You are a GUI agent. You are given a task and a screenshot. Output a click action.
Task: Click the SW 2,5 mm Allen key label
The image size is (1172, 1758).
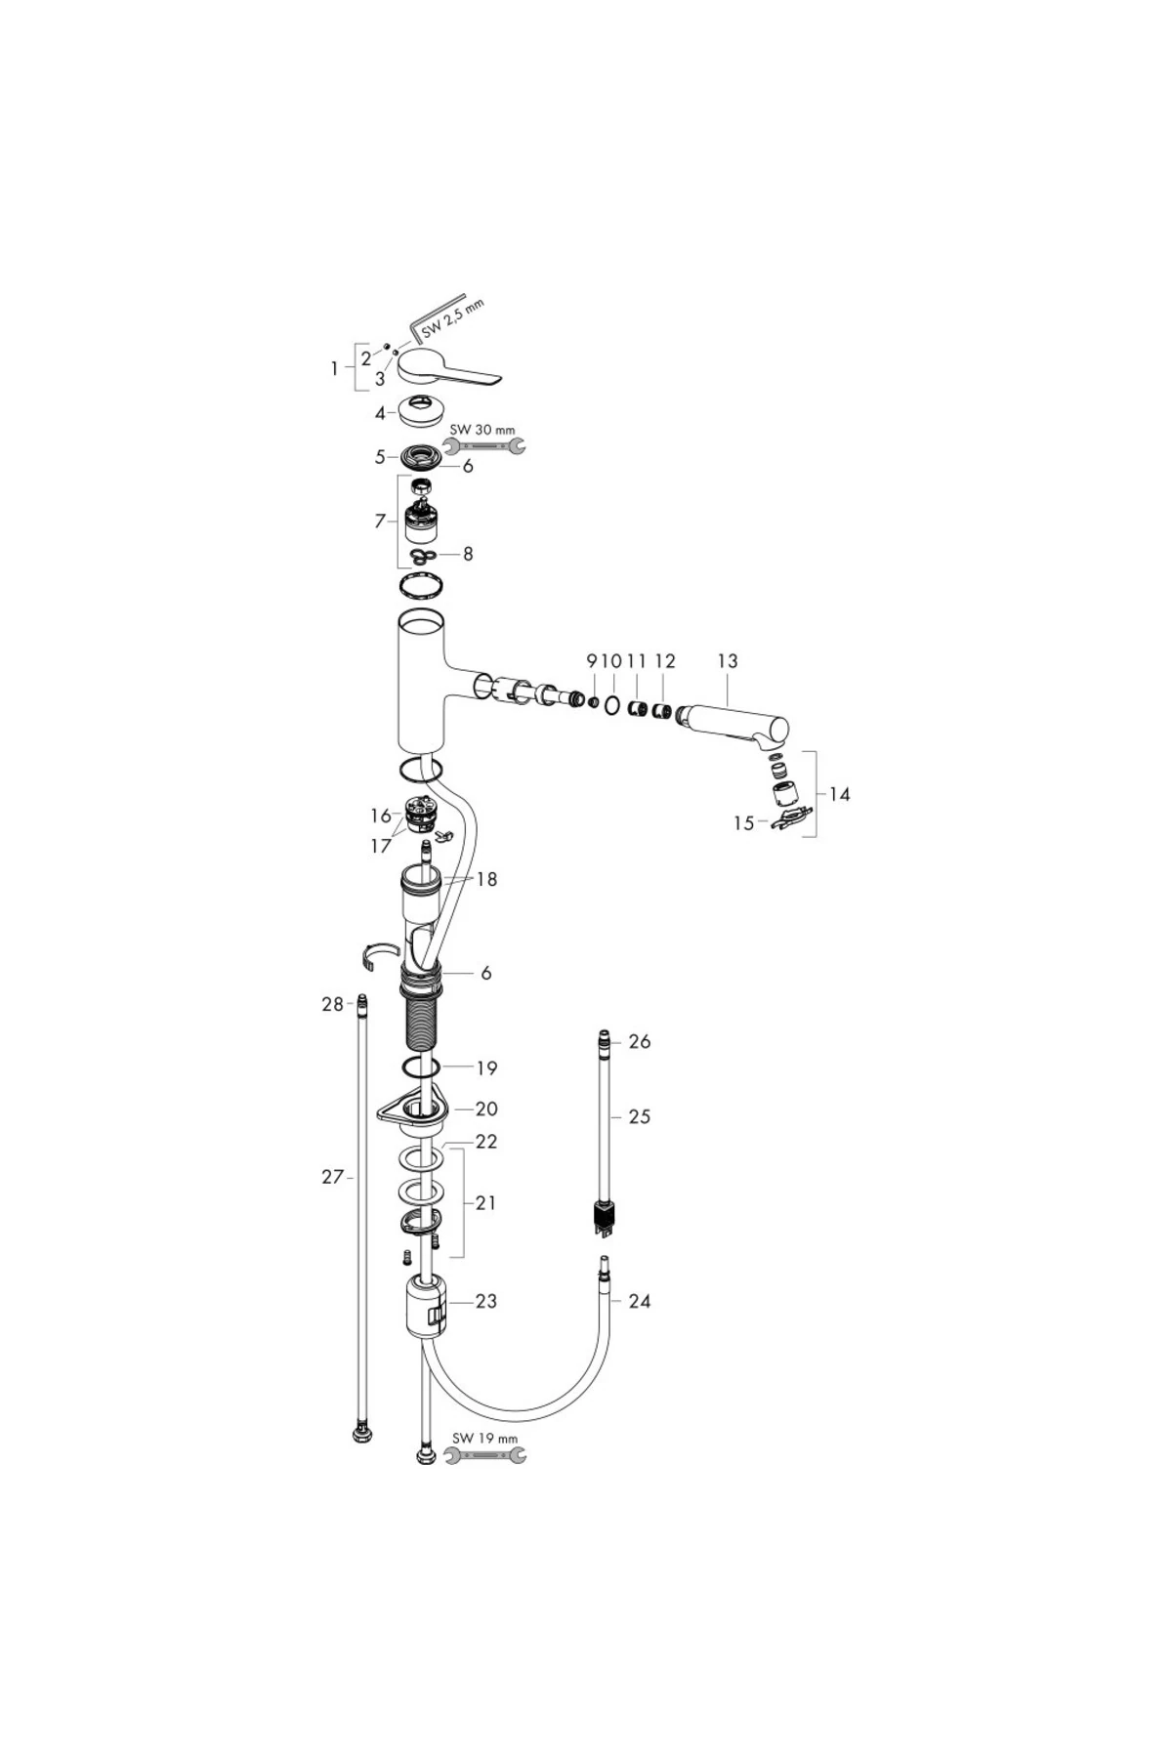(453, 317)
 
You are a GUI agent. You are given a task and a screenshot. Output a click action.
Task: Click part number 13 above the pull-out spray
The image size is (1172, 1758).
(728, 661)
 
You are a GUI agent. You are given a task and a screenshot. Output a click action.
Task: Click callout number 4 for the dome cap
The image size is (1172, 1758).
(380, 413)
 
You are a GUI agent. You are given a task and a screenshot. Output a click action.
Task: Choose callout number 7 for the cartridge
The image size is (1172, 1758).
(380, 522)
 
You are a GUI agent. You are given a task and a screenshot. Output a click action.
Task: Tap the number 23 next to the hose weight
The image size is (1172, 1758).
(486, 1301)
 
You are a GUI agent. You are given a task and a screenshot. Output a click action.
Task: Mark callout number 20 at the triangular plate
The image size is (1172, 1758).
(486, 1109)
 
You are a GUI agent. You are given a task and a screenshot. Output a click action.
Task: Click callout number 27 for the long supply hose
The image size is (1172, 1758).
(332, 1177)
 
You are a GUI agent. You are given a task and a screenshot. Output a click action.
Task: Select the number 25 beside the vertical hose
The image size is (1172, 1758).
(640, 1116)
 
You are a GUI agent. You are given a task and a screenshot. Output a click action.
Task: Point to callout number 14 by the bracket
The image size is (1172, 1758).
(840, 794)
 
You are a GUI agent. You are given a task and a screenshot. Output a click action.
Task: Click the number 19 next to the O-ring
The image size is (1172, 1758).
(486, 1067)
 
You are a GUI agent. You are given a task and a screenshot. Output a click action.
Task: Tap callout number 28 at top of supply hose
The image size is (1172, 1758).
(332, 1004)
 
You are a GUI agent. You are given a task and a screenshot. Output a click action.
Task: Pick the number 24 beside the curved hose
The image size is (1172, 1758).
(640, 1301)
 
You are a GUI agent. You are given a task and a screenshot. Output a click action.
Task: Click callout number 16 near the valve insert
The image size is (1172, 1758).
(380, 816)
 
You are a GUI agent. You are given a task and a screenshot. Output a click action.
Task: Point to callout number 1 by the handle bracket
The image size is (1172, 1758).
(335, 369)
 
